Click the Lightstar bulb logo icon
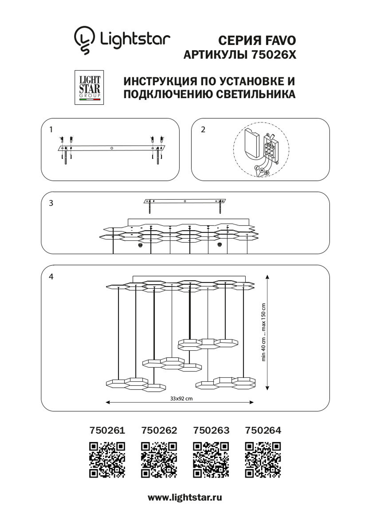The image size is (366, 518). tap(84, 40)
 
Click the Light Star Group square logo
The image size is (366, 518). tap(89, 87)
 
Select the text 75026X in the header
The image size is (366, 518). tap(274, 55)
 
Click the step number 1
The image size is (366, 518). tap(51, 130)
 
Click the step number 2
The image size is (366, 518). tap(203, 130)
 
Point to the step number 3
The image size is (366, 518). tap(51, 203)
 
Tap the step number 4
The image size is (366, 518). tap(51, 276)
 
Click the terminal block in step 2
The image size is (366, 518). tap(270, 149)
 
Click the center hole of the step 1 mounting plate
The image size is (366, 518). tap(112, 148)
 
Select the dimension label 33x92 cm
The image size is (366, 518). tap(181, 398)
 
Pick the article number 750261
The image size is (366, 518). tap(107, 431)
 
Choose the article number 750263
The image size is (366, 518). tap(211, 431)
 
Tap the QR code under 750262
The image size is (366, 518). tap(159, 460)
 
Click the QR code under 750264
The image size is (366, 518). tap(263, 460)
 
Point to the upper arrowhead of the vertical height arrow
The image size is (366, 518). tap(268, 277)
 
